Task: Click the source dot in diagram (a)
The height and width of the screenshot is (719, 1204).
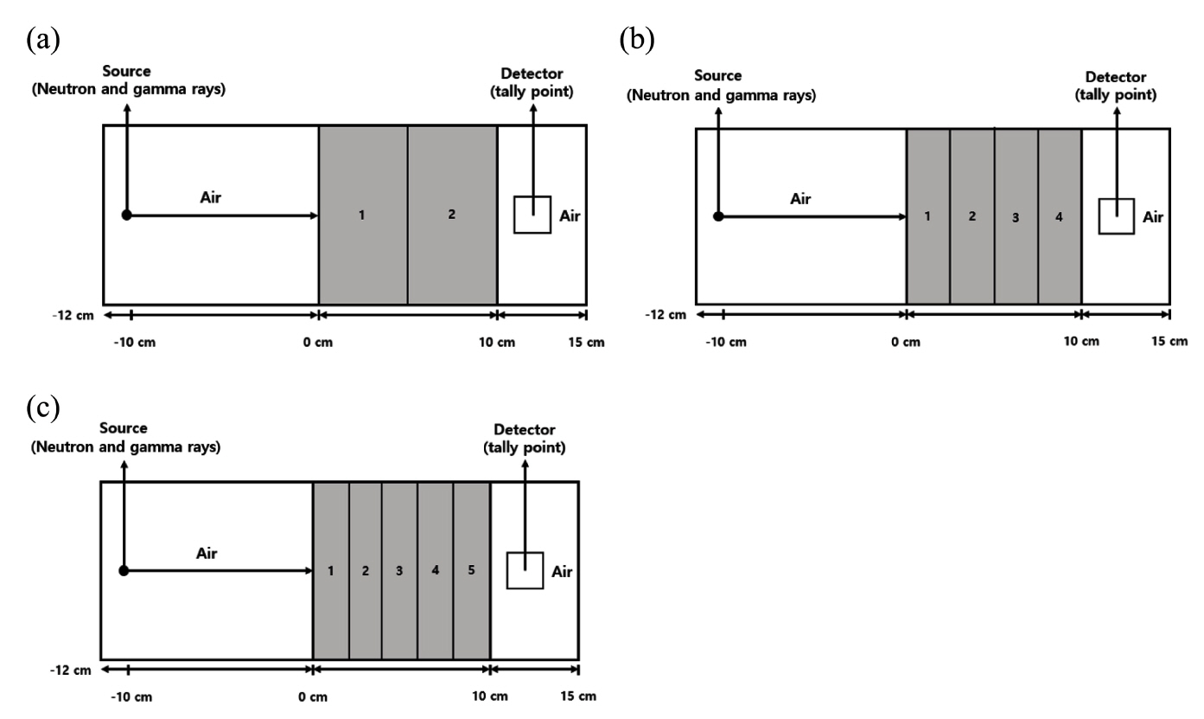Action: click(x=126, y=215)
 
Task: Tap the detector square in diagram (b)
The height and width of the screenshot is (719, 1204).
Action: click(x=1116, y=215)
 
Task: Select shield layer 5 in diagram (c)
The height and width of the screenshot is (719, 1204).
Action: click(x=471, y=572)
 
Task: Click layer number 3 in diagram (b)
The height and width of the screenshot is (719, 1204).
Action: click(x=1016, y=217)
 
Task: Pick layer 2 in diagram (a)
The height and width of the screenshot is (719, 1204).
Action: click(x=452, y=215)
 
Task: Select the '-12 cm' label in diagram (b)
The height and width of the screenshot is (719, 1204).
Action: click(x=666, y=314)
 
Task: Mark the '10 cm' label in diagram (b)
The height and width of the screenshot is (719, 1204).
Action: click(x=1081, y=342)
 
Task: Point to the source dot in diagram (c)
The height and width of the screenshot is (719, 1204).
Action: click(x=124, y=570)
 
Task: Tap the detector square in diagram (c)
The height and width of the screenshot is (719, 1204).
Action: click(x=525, y=570)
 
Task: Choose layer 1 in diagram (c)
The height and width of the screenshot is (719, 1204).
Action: click(x=331, y=572)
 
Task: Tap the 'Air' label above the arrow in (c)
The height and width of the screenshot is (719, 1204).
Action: click(x=207, y=554)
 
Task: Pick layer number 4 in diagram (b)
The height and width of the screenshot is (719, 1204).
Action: click(x=1060, y=216)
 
